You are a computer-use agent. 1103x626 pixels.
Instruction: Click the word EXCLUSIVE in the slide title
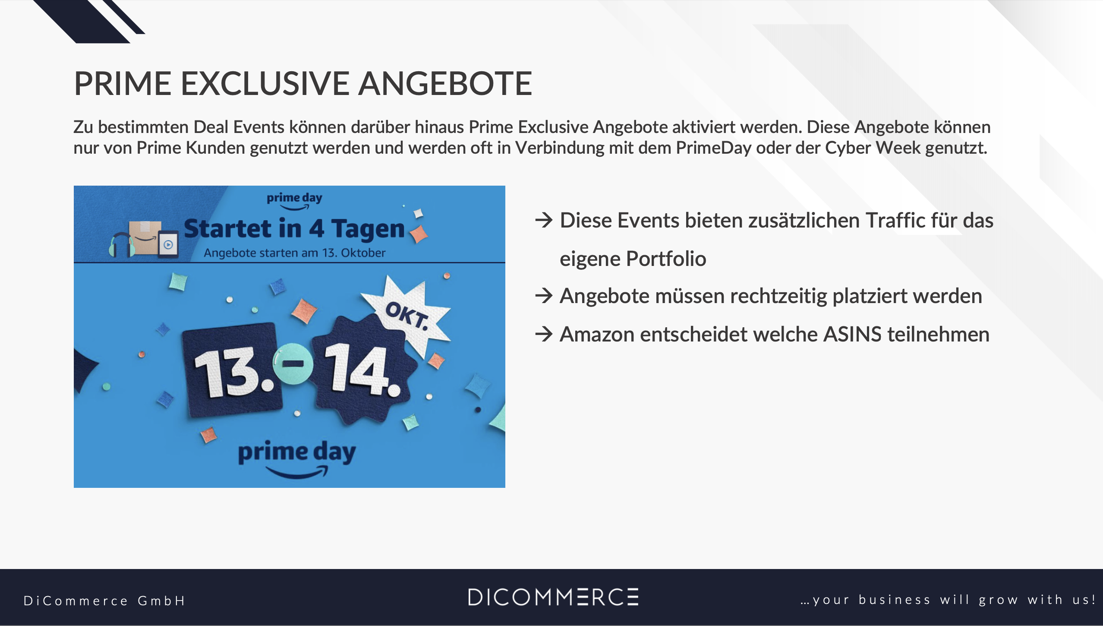click(265, 83)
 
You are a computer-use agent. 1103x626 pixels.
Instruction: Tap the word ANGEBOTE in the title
click(445, 83)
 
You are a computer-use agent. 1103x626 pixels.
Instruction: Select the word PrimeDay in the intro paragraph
click(713, 148)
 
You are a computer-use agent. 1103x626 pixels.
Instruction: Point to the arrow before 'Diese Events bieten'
click(544, 220)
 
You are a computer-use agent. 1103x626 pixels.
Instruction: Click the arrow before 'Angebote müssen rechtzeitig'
click(544, 296)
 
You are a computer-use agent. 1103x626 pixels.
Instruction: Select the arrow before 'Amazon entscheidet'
click(544, 334)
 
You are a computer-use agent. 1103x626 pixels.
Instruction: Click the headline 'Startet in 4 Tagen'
click(294, 229)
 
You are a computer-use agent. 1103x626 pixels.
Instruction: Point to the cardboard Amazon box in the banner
click(145, 237)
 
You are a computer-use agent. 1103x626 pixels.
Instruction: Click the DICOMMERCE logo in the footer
click(553, 597)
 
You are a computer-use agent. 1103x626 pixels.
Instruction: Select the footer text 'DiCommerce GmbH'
click(104, 601)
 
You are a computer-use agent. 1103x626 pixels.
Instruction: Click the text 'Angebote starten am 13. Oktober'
click(295, 253)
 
